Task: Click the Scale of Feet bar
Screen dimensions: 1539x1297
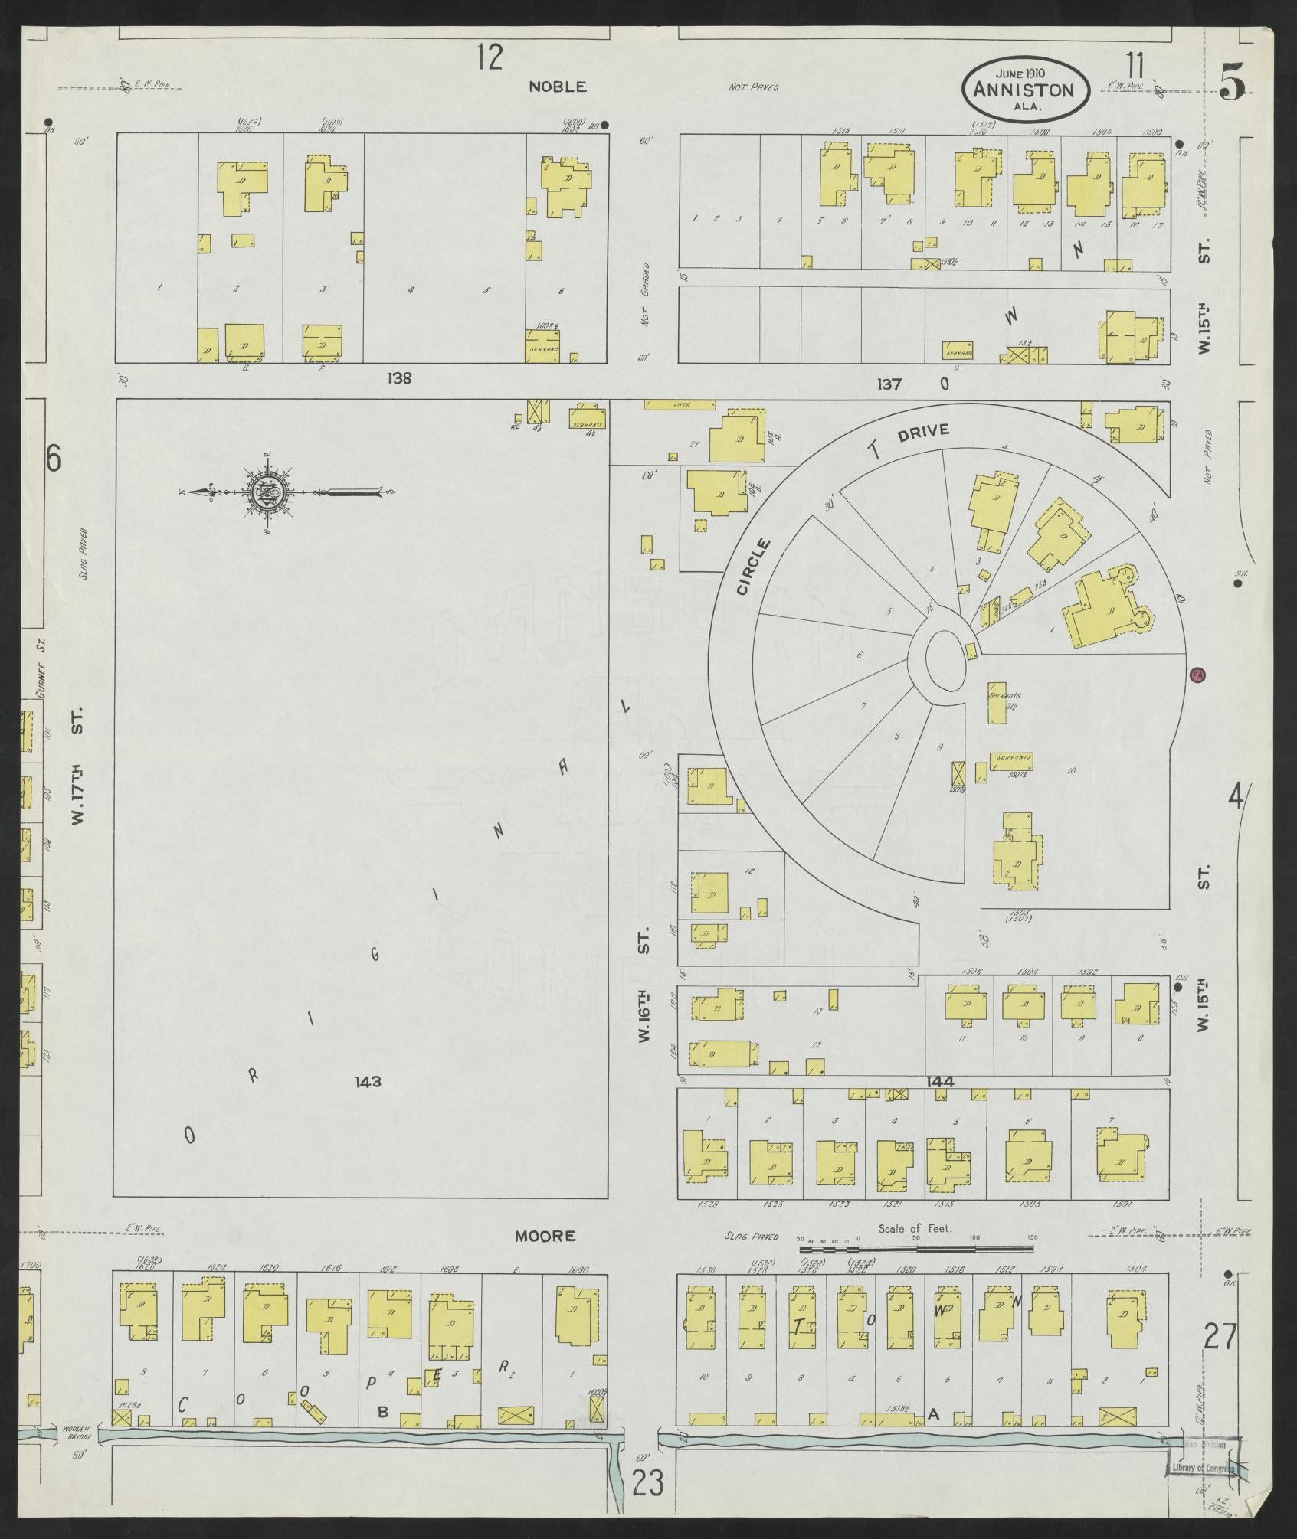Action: (915, 1250)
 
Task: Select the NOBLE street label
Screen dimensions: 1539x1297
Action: (558, 87)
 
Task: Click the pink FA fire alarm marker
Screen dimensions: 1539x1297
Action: (1197, 675)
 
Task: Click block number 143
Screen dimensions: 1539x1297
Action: (368, 1082)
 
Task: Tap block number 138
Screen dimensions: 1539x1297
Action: (399, 377)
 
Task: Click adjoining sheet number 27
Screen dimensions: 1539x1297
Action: (1219, 1337)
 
